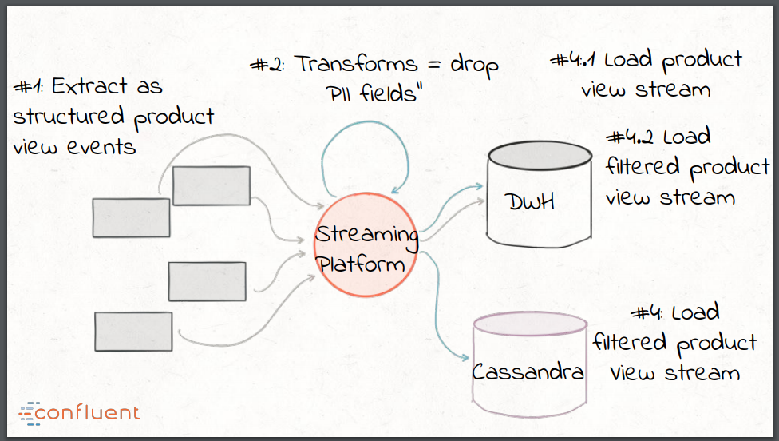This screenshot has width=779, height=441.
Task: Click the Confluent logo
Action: (79, 412)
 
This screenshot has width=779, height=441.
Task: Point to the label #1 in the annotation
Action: (30, 86)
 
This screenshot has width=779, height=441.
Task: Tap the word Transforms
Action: (357, 65)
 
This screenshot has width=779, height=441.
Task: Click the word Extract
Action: (87, 86)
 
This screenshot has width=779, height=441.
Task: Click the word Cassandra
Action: (528, 371)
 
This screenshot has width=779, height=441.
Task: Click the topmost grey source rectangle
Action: (212, 185)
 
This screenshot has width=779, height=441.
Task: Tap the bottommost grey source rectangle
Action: (133, 331)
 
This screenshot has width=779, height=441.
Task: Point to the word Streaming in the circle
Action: (366, 235)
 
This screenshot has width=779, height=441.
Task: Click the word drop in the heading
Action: (474, 65)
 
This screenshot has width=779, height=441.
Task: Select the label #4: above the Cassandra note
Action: (650, 312)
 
